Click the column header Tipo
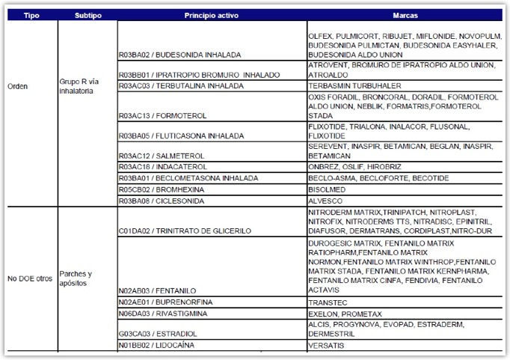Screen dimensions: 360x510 31,15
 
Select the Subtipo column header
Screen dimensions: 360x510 87,15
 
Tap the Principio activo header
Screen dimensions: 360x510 212,15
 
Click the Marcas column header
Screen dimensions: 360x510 405,15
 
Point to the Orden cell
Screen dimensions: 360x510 19,86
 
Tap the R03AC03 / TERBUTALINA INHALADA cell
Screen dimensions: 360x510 182,86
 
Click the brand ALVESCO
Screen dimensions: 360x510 325,201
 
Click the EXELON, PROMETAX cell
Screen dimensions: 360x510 341,314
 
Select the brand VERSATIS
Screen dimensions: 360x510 327,346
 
